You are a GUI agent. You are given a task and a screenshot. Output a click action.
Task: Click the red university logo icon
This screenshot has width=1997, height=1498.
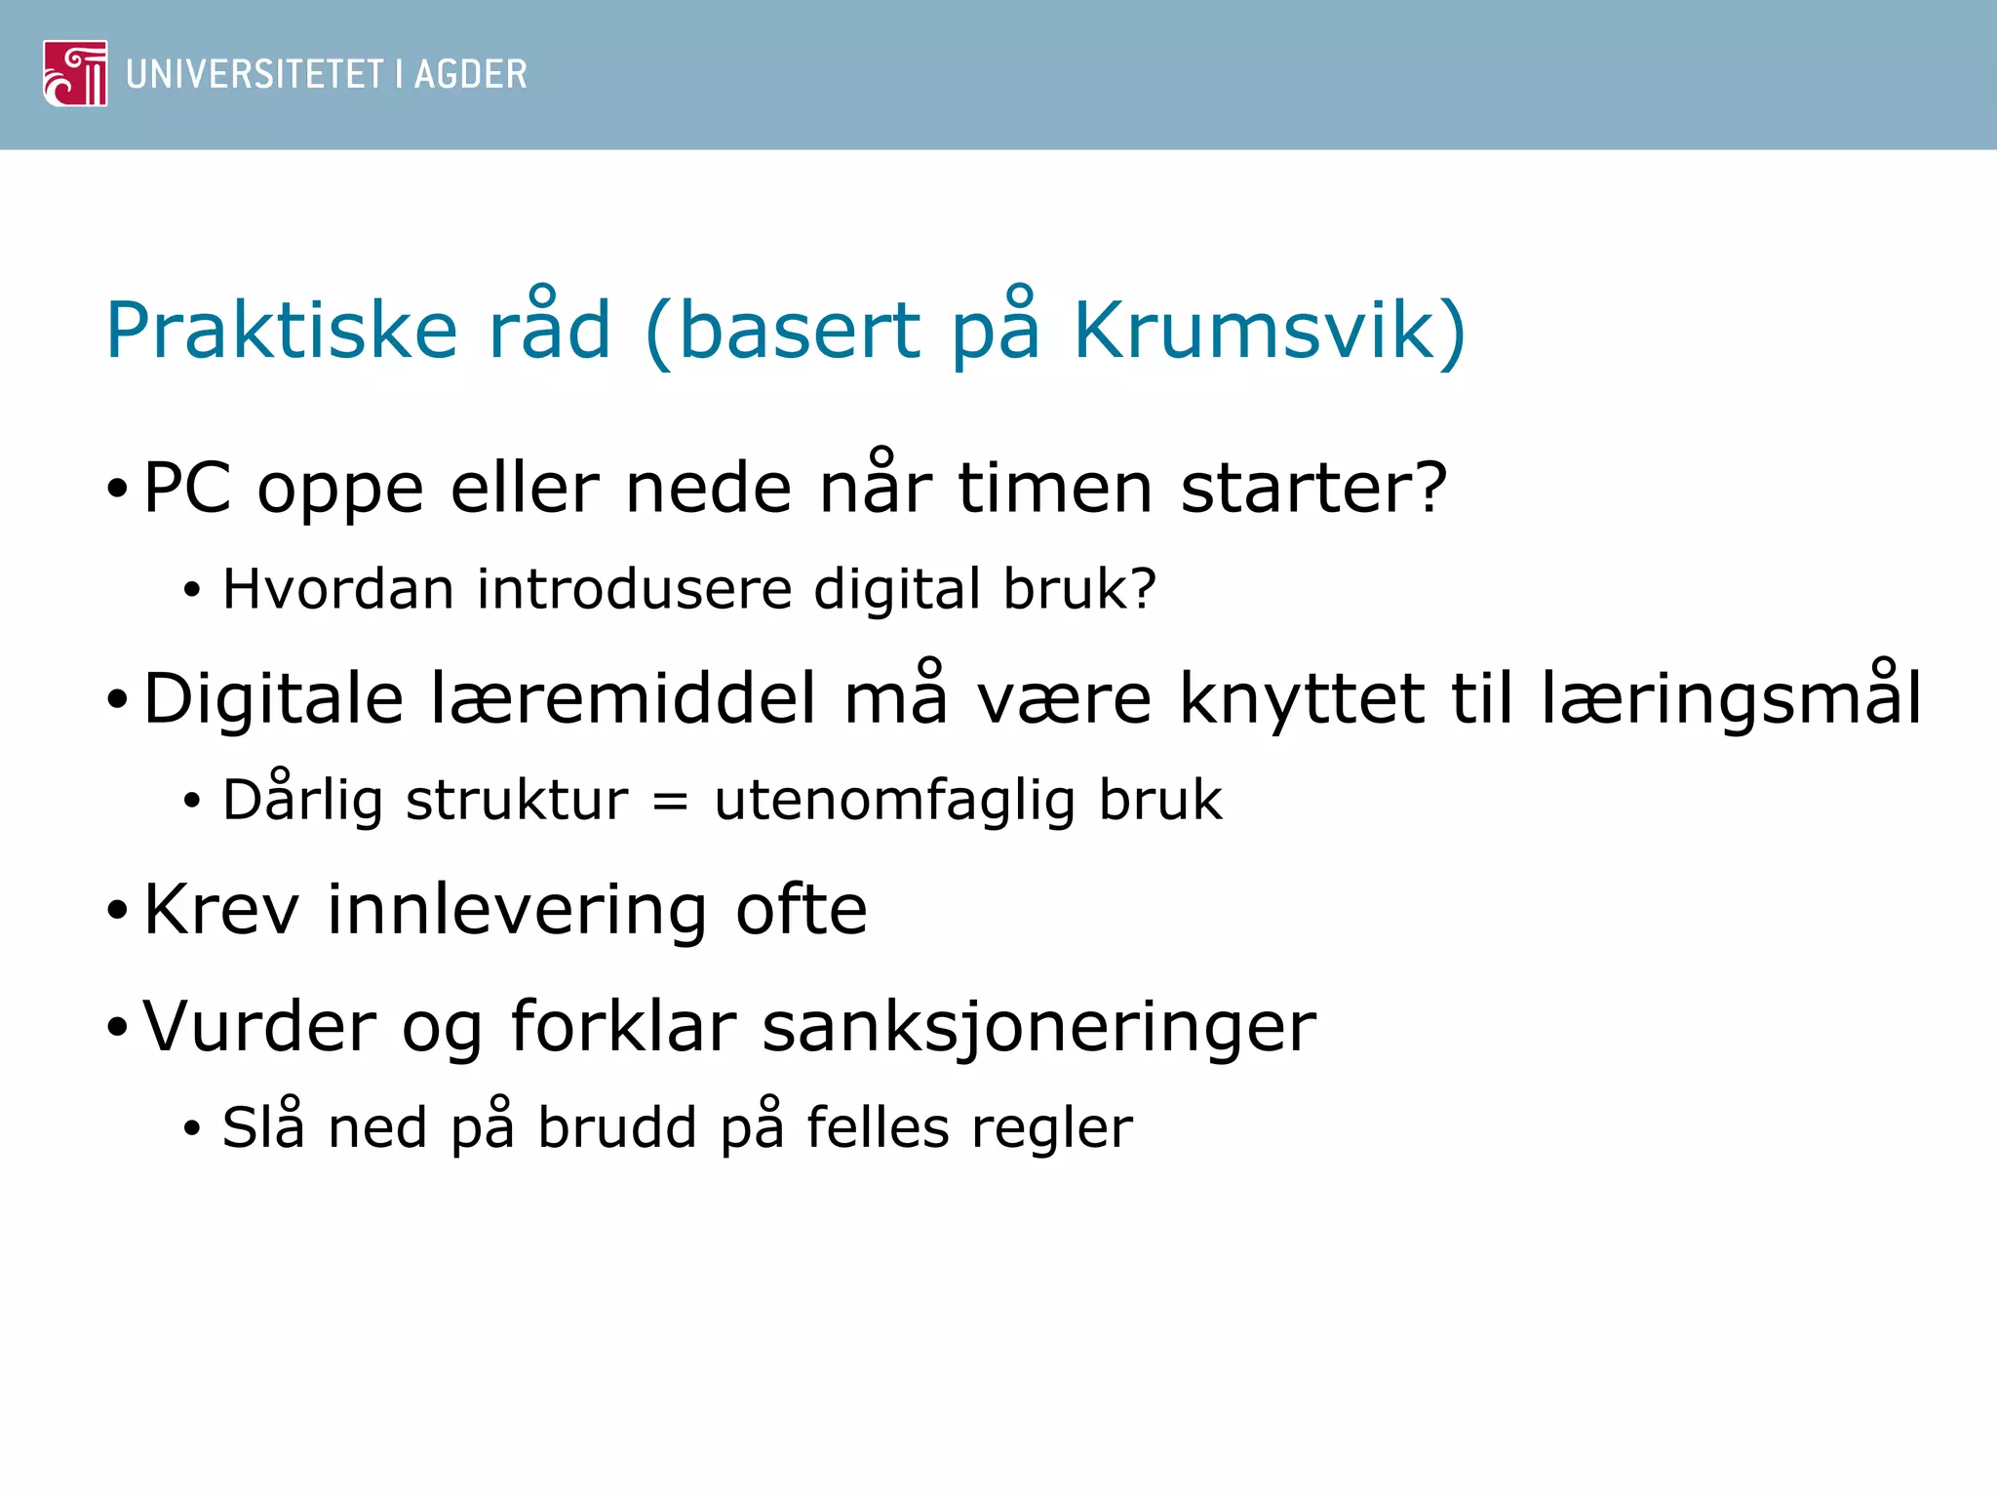[x=75, y=73]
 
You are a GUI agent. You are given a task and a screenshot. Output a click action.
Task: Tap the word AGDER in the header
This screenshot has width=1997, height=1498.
[x=470, y=74]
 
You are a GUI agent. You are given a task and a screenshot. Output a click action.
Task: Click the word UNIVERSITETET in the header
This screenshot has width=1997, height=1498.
[x=255, y=74]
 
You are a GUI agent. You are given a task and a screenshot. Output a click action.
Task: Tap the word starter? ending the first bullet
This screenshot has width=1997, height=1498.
[x=1313, y=488]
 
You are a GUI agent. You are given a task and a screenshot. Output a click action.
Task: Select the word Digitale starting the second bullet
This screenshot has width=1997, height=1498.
[x=273, y=698]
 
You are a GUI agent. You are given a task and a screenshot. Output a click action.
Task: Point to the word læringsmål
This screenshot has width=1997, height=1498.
[x=1732, y=698]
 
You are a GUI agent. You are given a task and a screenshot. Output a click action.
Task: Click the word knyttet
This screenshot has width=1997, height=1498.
[x=1302, y=698]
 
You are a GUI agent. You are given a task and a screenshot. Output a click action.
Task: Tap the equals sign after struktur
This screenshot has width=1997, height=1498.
[x=670, y=802]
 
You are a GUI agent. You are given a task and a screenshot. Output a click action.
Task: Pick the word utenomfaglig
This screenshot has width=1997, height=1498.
[x=894, y=802]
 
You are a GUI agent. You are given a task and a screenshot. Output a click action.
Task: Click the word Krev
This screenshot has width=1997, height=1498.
[x=220, y=909]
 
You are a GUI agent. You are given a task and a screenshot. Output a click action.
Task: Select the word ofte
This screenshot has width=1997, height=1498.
[x=801, y=909]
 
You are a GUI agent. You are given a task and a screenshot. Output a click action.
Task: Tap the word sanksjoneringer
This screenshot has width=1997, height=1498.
[x=1038, y=1026]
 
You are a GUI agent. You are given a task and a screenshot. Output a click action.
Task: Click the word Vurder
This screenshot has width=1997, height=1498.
[x=258, y=1026]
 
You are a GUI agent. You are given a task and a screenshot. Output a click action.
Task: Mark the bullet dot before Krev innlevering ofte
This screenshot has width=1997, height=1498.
[x=117, y=911]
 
